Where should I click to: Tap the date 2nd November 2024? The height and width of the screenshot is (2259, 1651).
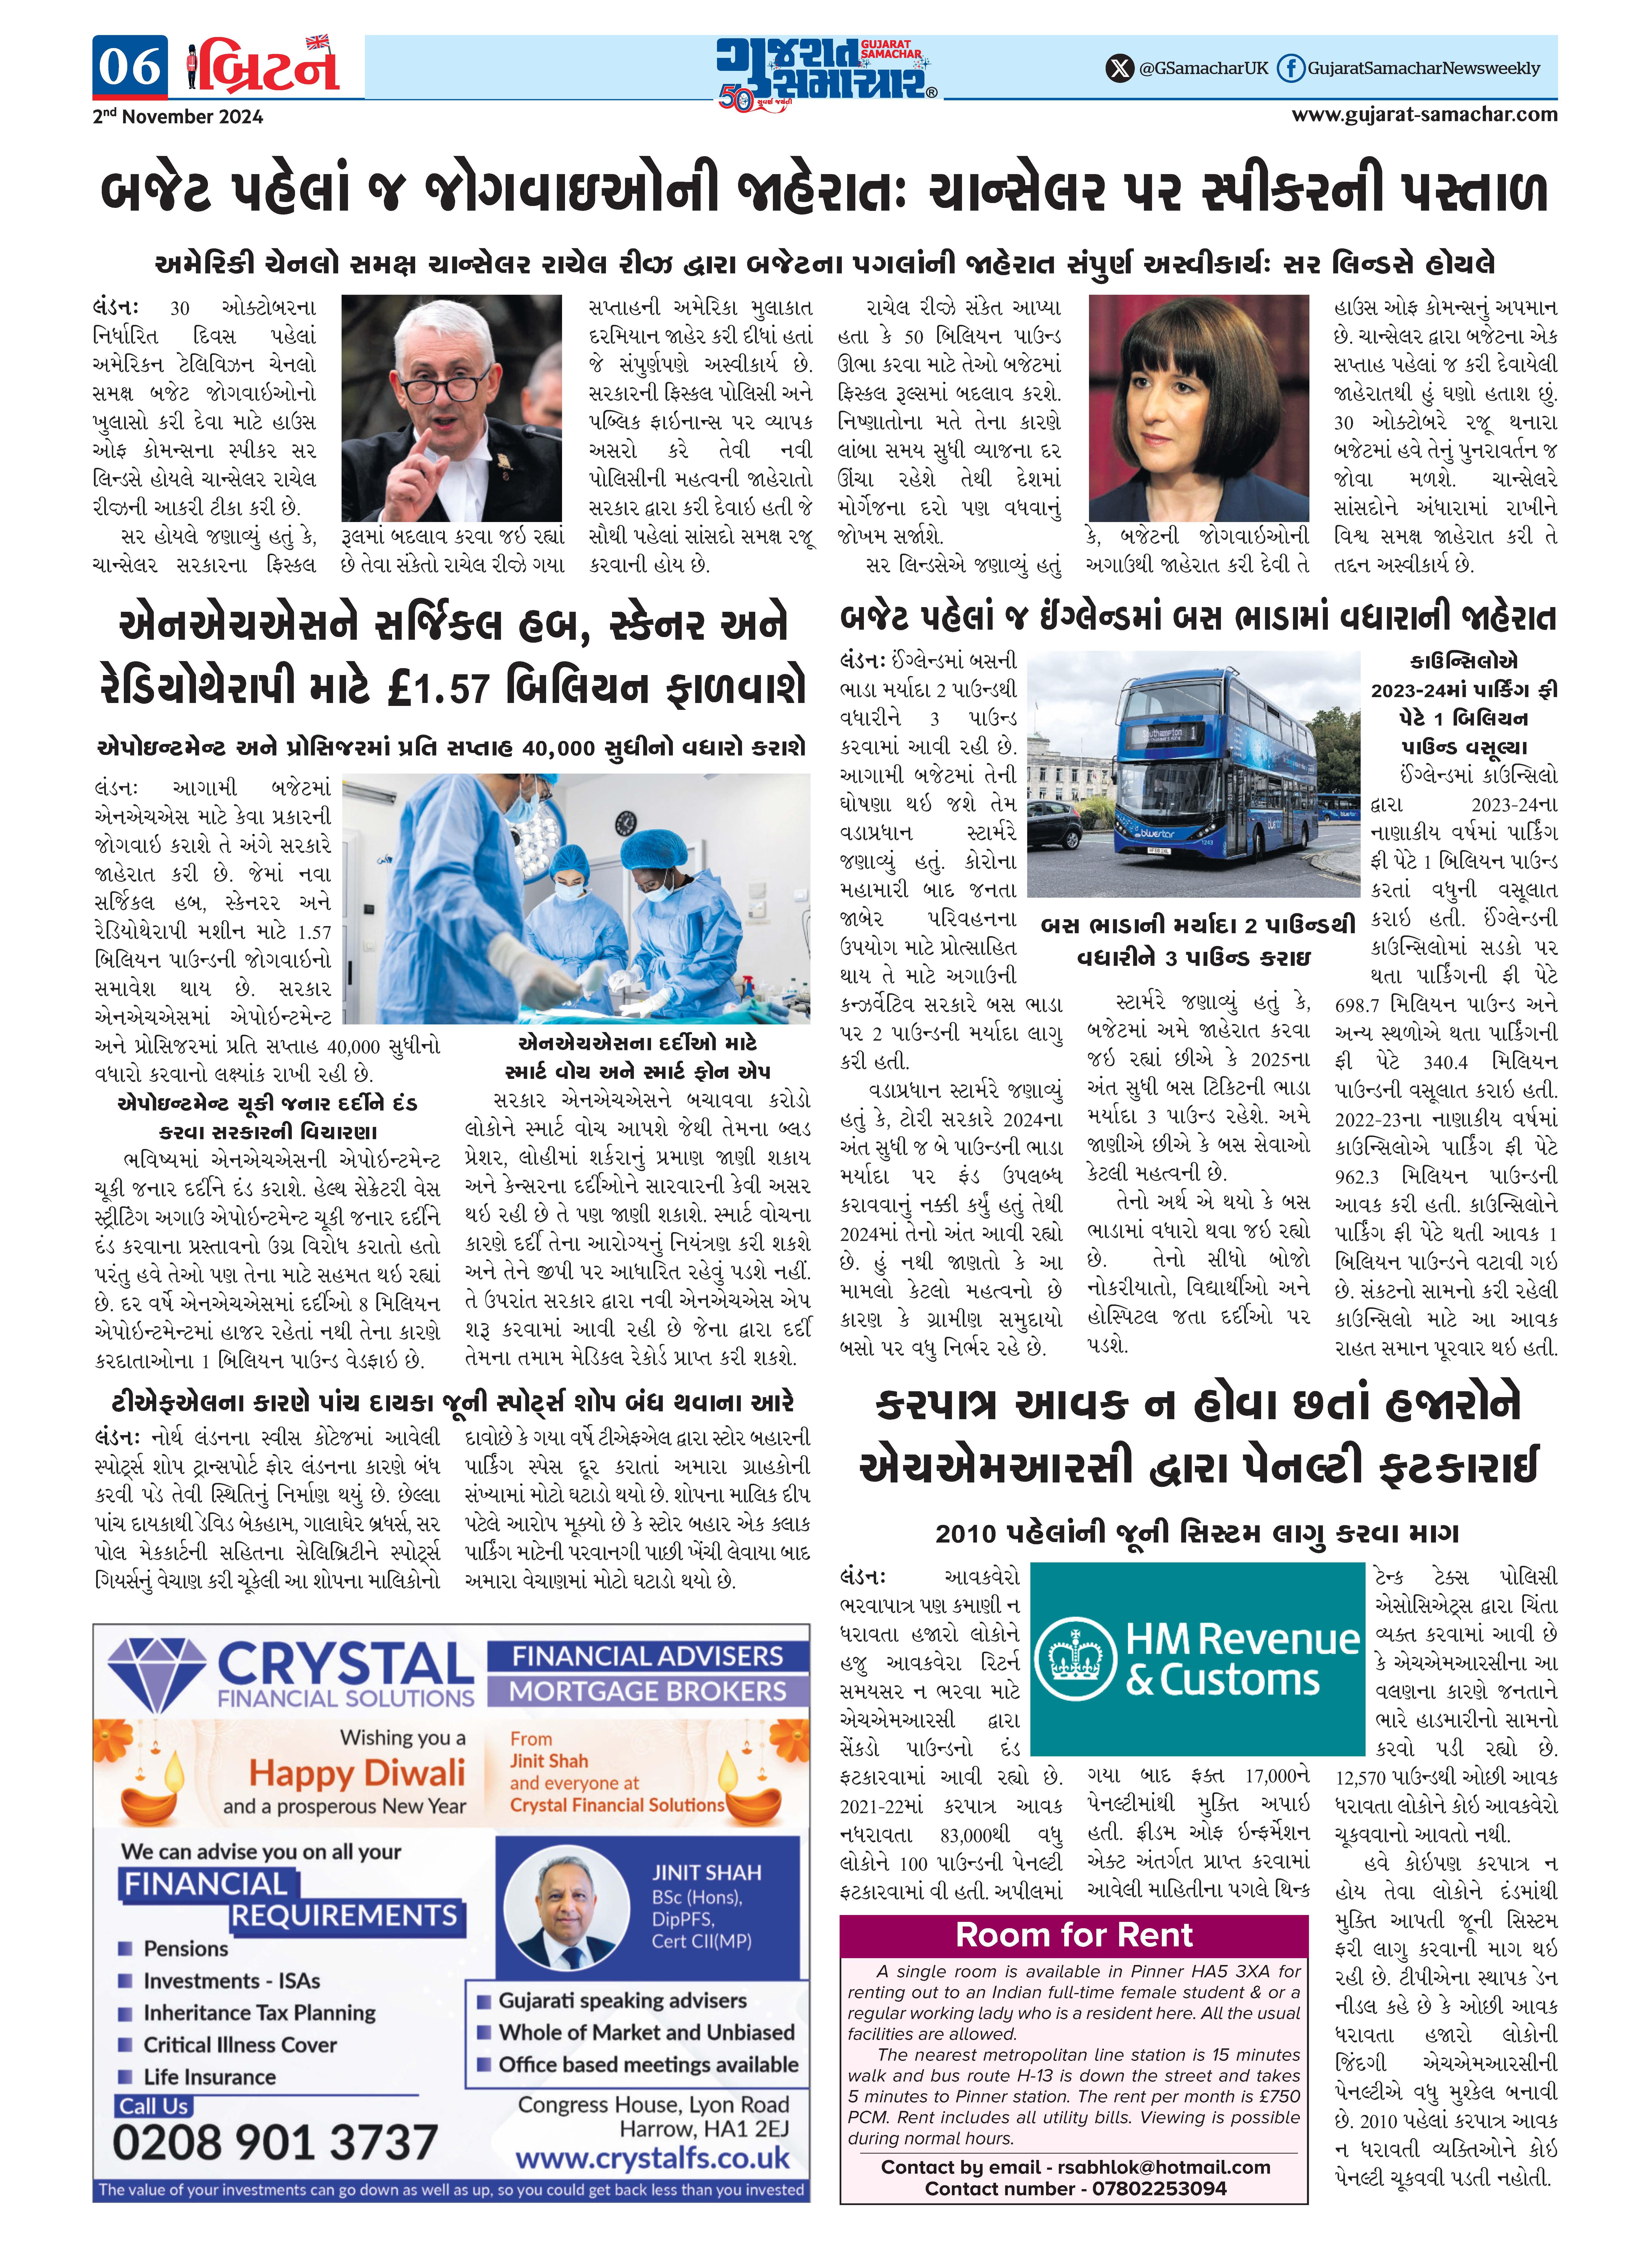click(178, 117)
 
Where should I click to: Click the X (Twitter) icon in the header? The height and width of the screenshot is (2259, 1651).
click(1119, 68)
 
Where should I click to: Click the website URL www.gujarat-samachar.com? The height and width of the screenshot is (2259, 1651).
click(1423, 114)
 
